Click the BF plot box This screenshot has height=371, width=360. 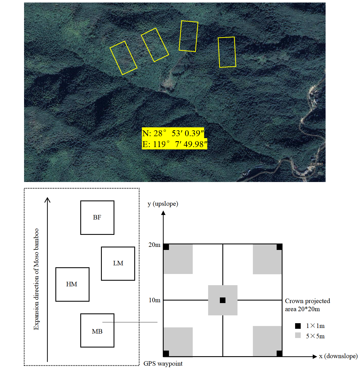pyautogui.click(x=97, y=218)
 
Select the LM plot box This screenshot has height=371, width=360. pyautogui.click(x=118, y=263)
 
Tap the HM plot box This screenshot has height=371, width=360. pyautogui.click(x=72, y=284)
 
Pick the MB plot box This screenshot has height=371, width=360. pyautogui.click(x=97, y=330)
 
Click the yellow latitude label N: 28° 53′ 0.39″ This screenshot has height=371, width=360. pyautogui.click(x=173, y=133)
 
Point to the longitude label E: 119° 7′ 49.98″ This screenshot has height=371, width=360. pyautogui.click(x=175, y=144)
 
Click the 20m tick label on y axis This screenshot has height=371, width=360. pyautogui.click(x=154, y=245)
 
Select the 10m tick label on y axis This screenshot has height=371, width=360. pyautogui.click(x=154, y=300)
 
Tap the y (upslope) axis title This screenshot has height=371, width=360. pyautogui.click(x=163, y=204)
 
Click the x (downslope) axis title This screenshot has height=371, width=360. pyautogui.click(x=338, y=356)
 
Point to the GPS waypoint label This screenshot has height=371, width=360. pyautogui.click(x=163, y=363)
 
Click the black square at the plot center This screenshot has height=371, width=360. pyautogui.click(x=223, y=300)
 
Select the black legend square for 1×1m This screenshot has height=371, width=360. pyautogui.click(x=298, y=326)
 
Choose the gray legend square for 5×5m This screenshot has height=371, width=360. pyautogui.click(x=298, y=335)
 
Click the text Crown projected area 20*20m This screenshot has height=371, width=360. pyautogui.click(x=307, y=305)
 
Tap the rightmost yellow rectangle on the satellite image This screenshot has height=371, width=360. pyautogui.click(x=227, y=52)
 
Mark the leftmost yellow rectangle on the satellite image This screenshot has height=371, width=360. pyautogui.click(x=123, y=58)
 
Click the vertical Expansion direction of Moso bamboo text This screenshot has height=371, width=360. pyautogui.click(x=36, y=279)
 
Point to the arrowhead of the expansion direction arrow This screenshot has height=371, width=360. pyautogui.click(x=48, y=200)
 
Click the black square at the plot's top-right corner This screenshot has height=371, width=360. pyautogui.click(x=279, y=247)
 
